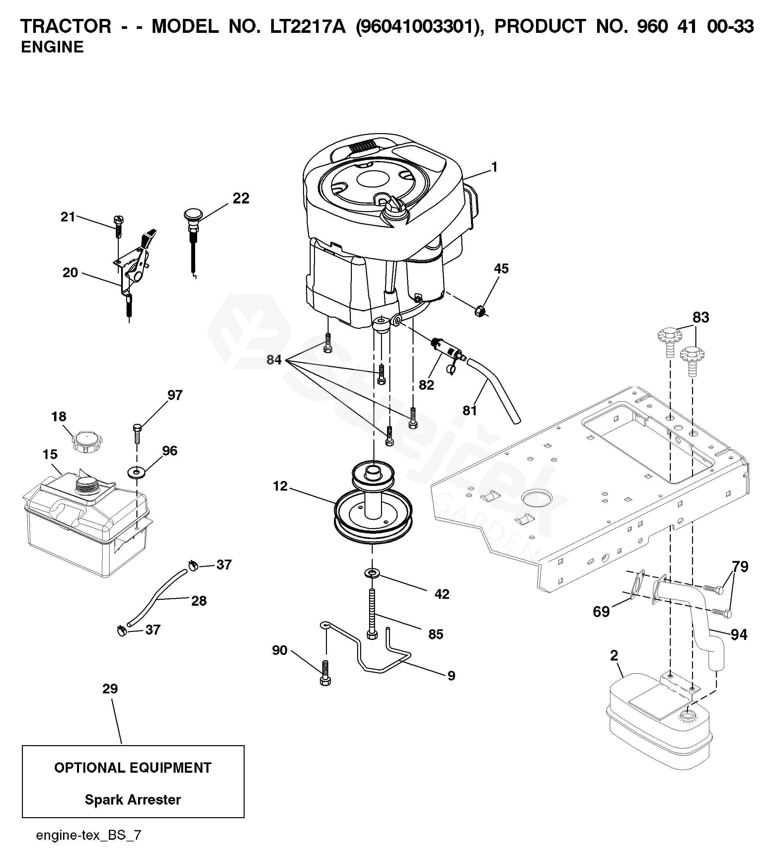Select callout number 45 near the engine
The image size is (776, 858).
[x=502, y=269]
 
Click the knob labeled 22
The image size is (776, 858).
[x=193, y=214]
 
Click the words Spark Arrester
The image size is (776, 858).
[x=133, y=800]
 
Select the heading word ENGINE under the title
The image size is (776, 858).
[x=52, y=47]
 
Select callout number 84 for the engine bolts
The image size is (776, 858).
[x=274, y=360]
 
